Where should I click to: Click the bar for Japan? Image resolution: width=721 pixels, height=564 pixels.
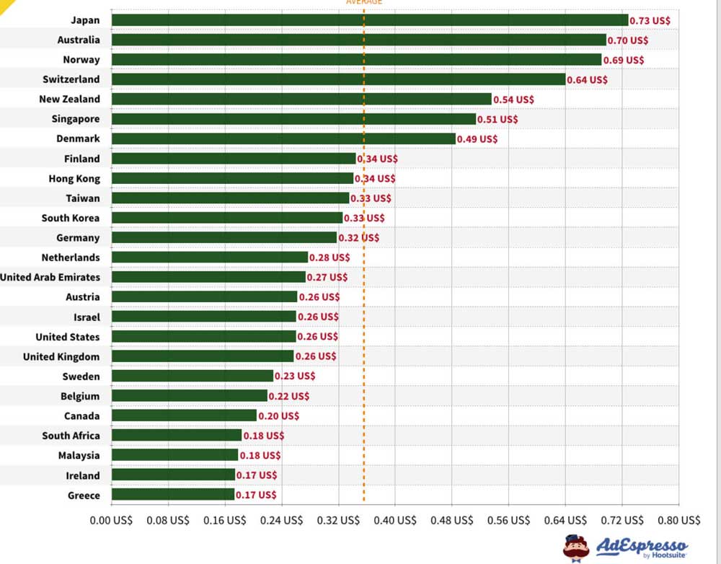(x=370, y=20)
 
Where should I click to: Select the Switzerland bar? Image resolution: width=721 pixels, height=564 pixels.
(x=339, y=79)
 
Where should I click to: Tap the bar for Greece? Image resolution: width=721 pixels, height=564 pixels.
(x=173, y=495)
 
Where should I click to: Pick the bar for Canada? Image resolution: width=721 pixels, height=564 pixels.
(x=185, y=415)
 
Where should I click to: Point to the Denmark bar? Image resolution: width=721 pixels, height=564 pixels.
(x=284, y=138)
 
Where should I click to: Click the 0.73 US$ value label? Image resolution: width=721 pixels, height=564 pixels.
(x=650, y=20)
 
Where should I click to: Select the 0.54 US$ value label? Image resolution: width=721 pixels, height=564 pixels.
(x=513, y=99)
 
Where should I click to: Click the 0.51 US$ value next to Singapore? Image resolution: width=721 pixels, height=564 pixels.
(x=497, y=119)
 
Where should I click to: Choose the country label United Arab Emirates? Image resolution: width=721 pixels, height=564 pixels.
(x=50, y=277)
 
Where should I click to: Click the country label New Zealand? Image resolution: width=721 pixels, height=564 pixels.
(x=70, y=99)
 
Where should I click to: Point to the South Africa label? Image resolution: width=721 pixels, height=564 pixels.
(x=71, y=436)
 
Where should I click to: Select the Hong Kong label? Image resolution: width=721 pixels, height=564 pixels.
(x=74, y=178)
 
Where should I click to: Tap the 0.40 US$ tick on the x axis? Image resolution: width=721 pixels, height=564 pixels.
(x=396, y=520)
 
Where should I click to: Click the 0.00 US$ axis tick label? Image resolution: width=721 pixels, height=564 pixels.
(x=111, y=520)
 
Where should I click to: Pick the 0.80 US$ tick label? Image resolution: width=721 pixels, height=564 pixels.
(x=678, y=520)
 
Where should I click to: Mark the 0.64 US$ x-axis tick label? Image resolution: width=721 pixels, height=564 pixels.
(x=565, y=520)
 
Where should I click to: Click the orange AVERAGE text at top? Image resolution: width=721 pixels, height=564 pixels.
(x=364, y=2)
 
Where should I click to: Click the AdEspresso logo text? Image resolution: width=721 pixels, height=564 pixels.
(x=642, y=546)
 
